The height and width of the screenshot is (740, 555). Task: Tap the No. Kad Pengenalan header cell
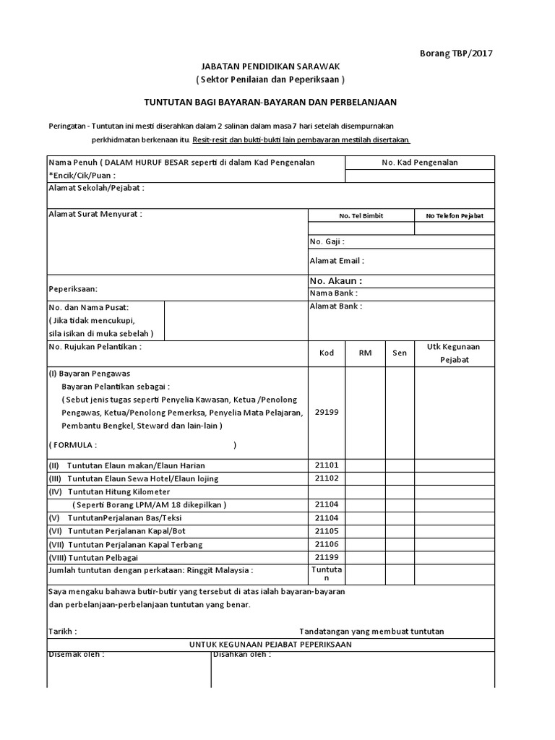coord(420,163)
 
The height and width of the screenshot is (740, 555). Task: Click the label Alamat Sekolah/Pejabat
coord(96,188)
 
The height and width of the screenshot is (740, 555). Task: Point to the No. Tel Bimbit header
coord(361,215)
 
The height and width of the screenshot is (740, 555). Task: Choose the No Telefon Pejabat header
coord(455,215)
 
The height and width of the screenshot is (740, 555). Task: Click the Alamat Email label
coord(337,260)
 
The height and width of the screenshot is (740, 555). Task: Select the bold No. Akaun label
coord(335,280)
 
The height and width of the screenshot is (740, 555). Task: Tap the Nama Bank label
coord(333,293)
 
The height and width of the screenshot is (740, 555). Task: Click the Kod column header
coord(327,353)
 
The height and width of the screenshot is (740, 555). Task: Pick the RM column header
coord(365,353)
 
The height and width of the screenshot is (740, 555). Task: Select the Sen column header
coord(400,353)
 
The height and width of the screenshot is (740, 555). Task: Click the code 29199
coord(327,412)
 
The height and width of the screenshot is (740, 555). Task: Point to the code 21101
coord(327,465)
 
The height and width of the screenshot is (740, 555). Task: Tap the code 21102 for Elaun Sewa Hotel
coord(327,478)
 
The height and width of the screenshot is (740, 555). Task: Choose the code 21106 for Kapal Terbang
coord(327,543)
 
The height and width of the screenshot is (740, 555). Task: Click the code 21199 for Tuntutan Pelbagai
coord(327,557)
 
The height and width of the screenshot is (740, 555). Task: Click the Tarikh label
coord(62,631)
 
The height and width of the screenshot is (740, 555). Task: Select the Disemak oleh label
coord(76,654)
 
